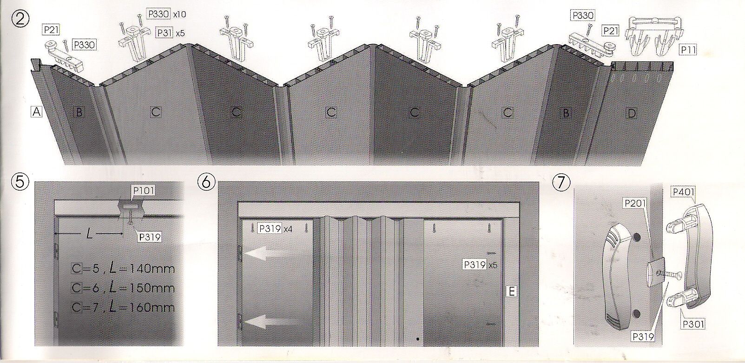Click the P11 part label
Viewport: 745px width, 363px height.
688,49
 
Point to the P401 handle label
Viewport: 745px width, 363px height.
682,191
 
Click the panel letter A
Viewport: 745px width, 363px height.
37,112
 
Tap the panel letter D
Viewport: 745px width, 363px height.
631,112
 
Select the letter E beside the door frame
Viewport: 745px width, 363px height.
511,291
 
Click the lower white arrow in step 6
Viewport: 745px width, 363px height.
265,320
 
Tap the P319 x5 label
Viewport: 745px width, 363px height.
480,264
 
